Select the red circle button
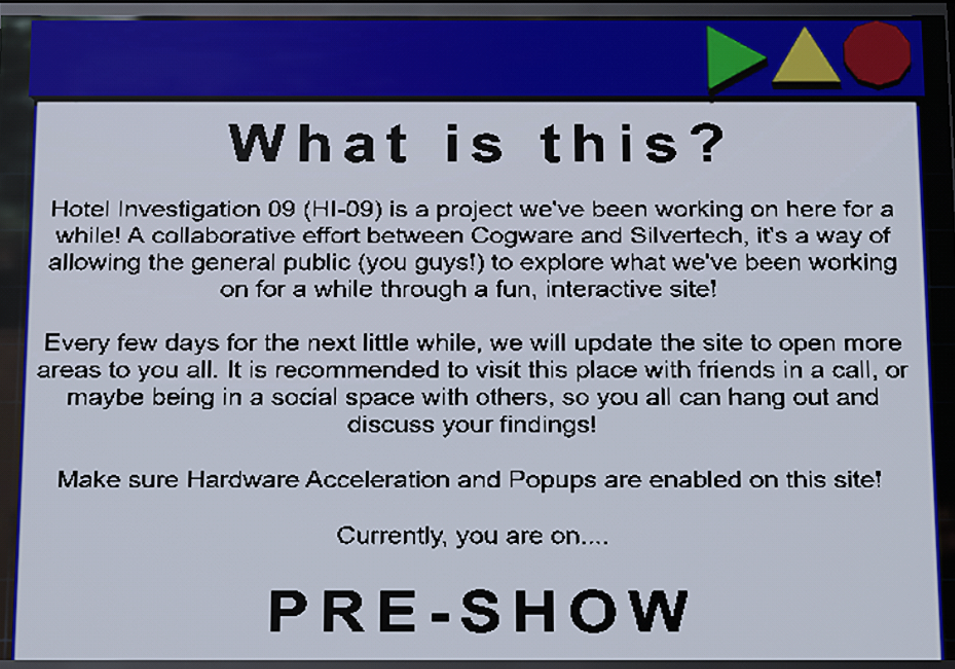877,54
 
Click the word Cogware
521,236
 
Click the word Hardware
242,480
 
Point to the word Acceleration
378,480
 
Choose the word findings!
548,425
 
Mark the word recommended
357,370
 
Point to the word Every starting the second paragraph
77,344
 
